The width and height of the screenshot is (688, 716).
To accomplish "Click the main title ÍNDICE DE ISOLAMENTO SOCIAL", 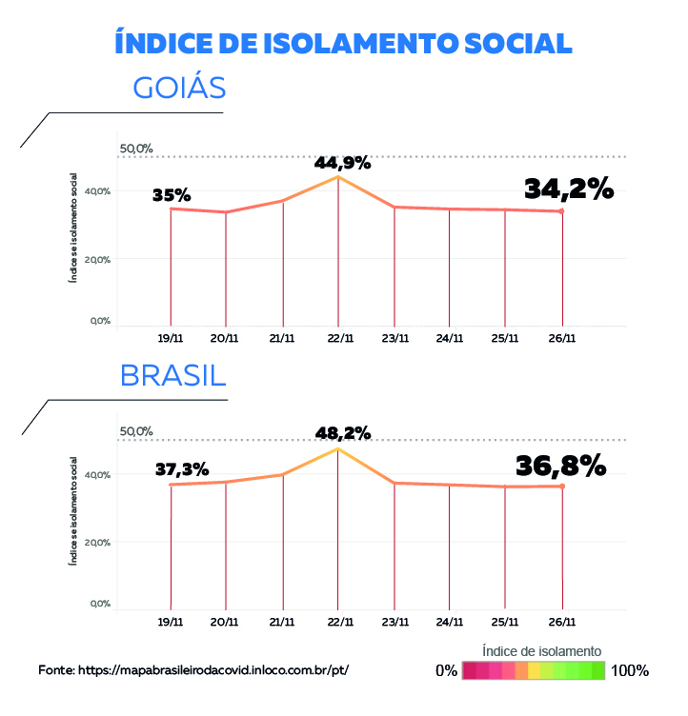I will tap(343, 43).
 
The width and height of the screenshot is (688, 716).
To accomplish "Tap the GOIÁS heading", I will tap(179, 88).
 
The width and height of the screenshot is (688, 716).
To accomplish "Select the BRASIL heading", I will tap(172, 374).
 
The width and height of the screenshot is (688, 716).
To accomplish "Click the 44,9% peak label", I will tap(342, 163).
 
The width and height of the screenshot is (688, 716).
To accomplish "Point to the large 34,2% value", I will tap(568, 189).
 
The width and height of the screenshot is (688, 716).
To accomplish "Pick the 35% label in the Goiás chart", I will tap(172, 195).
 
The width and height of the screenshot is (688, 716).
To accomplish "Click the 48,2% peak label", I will tap(344, 433).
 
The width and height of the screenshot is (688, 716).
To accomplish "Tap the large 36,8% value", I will tap(560, 466).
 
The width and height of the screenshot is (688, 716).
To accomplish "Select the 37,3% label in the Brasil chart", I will tap(182, 469).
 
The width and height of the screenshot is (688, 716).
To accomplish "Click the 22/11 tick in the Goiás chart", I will tap(339, 337).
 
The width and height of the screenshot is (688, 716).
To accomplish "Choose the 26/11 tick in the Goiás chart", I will tap(561, 337).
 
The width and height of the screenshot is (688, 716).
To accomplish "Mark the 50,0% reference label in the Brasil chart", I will tap(135, 431).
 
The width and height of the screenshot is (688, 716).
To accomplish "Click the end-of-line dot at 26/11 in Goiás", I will tap(561, 211).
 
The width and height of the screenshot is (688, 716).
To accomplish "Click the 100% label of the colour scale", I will tap(630, 670).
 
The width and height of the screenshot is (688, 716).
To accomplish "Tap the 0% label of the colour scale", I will tap(446, 670).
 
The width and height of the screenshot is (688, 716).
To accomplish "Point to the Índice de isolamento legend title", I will tap(541, 650).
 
